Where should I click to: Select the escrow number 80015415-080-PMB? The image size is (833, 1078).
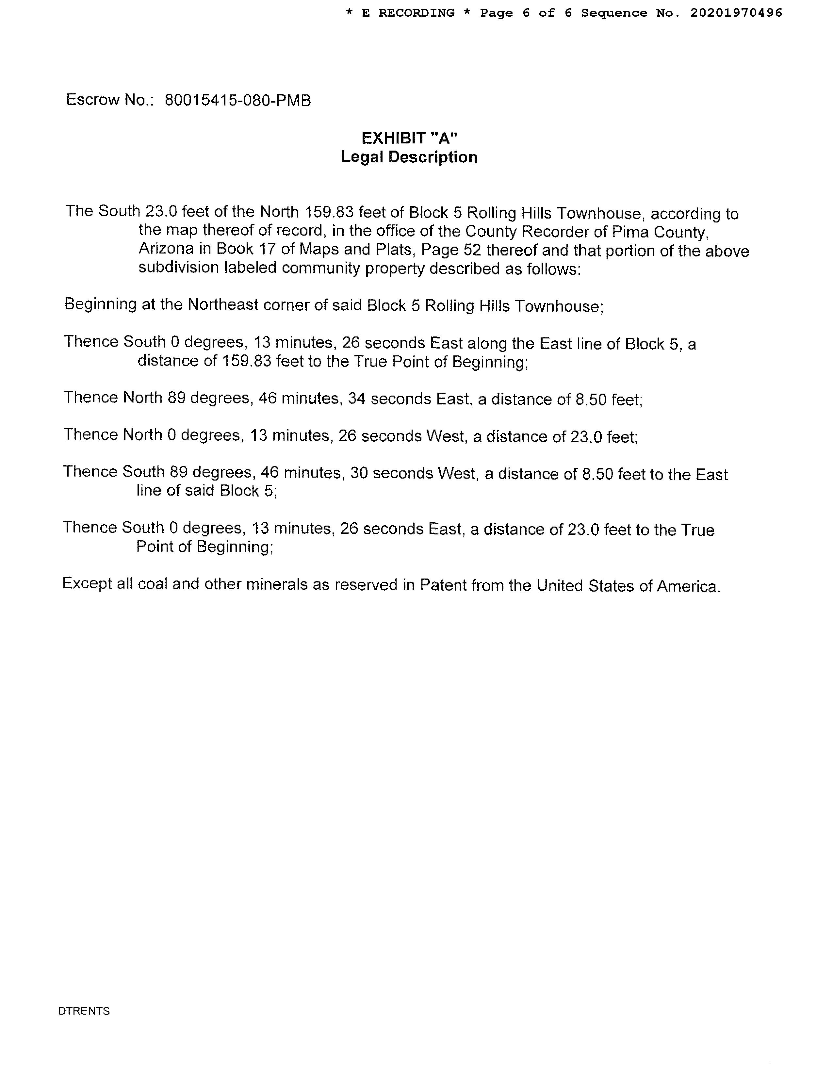click(x=237, y=101)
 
